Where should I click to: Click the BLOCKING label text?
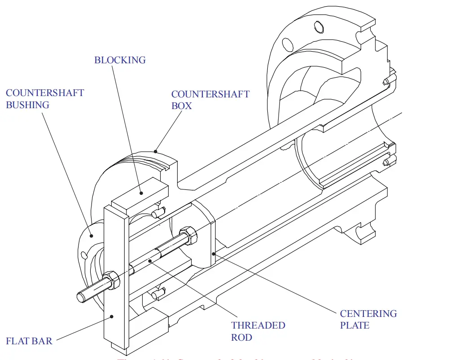point(120,60)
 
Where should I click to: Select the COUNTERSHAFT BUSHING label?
point(44,99)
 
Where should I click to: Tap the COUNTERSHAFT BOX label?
point(210,100)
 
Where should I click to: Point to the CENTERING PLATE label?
point(368,319)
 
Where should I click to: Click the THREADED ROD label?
point(258,331)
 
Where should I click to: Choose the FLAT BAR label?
point(29,341)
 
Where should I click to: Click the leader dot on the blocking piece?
point(141,193)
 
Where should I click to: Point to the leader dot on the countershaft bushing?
point(91,235)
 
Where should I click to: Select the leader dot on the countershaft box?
point(155,151)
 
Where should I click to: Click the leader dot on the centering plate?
point(214,254)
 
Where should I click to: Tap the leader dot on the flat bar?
point(112,316)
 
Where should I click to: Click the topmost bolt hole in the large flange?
point(318,28)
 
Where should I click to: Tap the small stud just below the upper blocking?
point(158,212)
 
